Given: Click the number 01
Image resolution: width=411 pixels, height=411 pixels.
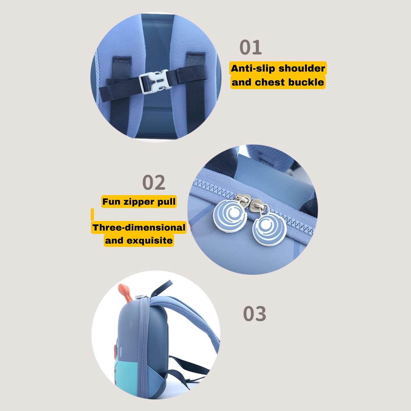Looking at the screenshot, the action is tap(251, 47).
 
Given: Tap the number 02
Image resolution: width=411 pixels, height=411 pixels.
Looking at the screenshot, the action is tap(154, 182).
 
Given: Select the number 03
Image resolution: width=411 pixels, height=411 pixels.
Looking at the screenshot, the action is tap(255, 314).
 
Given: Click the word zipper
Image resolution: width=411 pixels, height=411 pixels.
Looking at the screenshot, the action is tap(139, 202).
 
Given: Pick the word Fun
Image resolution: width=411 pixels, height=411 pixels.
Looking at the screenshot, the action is tap(111, 202).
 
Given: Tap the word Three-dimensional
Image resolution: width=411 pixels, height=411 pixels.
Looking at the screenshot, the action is tap(139, 227).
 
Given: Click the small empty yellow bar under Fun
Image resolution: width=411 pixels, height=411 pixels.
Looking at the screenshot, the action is tap(92, 214).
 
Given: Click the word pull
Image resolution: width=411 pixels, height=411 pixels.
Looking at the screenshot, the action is tap(166, 202).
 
